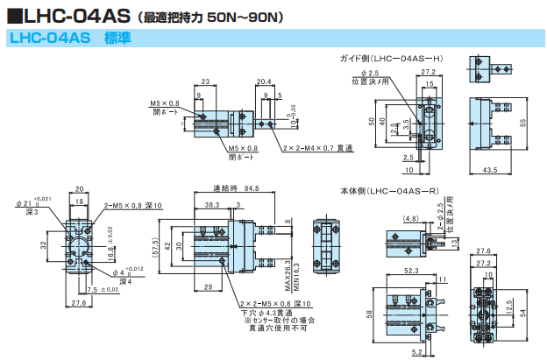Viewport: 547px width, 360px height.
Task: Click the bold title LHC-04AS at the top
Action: pos(77,15)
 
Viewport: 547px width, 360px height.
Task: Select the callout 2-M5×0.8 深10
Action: pos(134,205)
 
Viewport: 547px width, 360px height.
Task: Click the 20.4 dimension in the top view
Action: pos(263,81)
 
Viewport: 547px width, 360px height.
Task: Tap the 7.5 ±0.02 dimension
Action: pos(103,290)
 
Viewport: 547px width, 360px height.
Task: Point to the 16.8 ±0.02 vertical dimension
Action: pos(110,253)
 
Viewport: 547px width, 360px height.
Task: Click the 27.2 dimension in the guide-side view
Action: pos(428,72)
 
